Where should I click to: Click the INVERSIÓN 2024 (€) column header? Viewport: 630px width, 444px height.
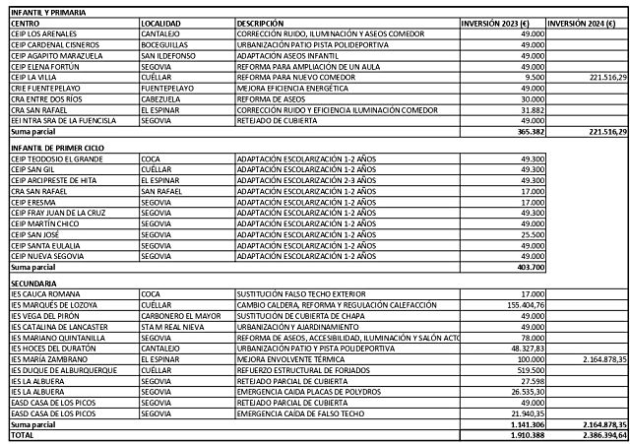[x=586, y=22]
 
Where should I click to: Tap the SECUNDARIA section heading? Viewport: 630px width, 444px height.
[x=34, y=284]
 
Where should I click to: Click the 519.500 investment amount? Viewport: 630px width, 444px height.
[x=530, y=369]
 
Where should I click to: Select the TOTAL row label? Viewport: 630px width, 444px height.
[x=22, y=435]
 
